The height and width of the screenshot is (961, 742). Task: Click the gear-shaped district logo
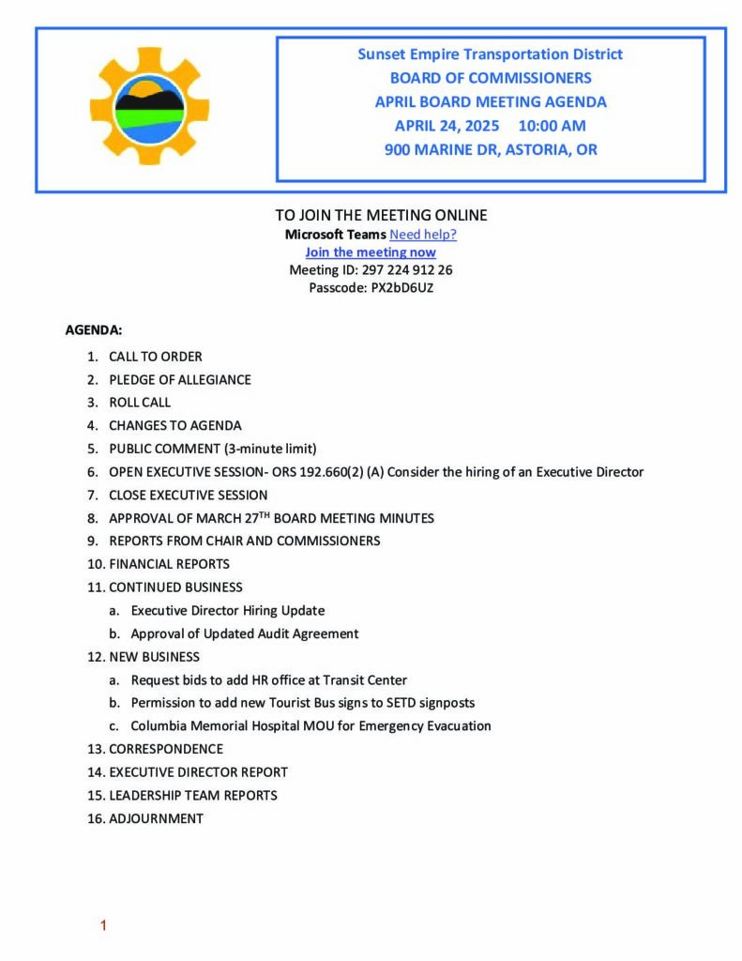pos(149,106)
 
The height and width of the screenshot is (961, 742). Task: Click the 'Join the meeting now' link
pos(371,252)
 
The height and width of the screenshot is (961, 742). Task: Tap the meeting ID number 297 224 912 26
pos(394,270)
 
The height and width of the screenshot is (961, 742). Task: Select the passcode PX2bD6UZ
pos(398,288)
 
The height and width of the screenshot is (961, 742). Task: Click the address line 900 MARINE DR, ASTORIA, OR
pos(491,149)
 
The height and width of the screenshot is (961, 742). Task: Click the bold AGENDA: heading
pos(93,330)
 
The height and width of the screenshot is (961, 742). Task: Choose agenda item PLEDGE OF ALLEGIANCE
pos(179,380)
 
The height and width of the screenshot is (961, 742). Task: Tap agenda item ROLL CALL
pos(140,403)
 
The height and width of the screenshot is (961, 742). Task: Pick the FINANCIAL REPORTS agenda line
pos(169,564)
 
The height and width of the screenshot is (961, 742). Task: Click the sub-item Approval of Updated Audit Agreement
pos(244,633)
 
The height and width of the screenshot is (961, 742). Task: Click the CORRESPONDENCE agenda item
pos(165,749)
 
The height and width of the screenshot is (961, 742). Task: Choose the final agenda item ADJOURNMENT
pos(156,818)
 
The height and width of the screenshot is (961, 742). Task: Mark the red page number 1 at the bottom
pos(103,926)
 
